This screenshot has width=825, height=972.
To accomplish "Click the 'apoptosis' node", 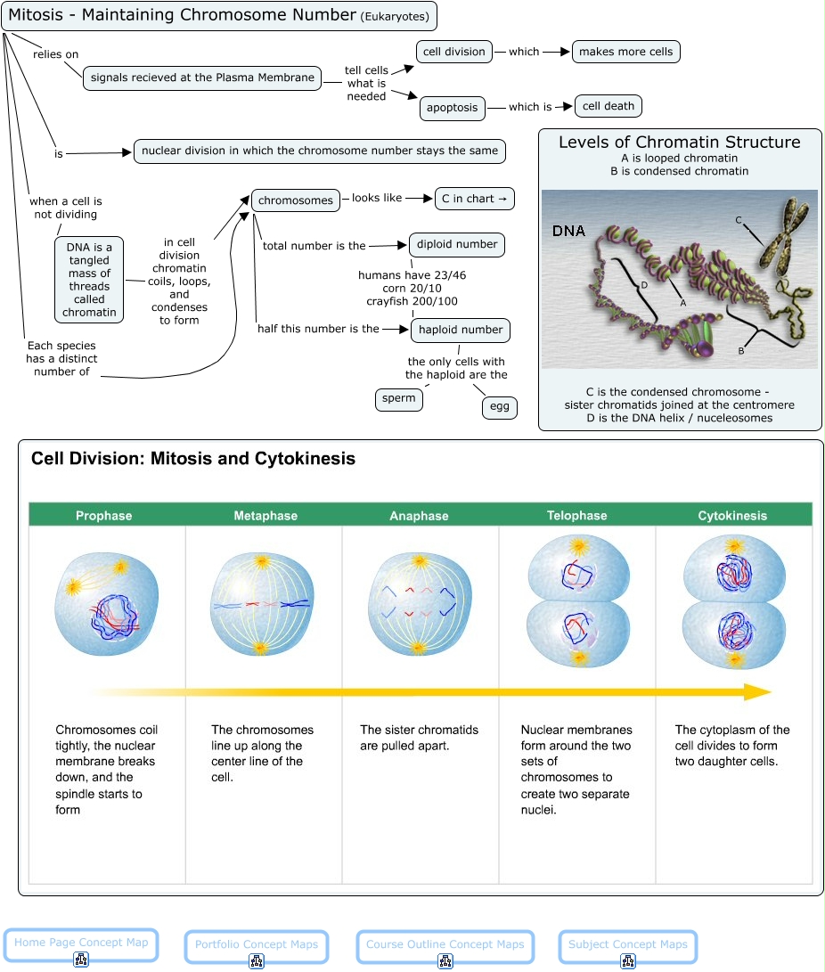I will coord(453,108).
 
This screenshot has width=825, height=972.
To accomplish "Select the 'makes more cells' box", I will coord(625,52).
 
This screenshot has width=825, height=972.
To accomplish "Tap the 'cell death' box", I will coord(608,106).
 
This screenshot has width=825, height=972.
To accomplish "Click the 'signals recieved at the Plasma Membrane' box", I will coord(202,78).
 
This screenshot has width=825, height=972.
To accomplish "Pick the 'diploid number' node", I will coord(457,244).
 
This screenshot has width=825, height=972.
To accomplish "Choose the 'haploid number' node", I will coord(460,330).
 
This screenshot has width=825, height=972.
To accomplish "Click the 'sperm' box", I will coord(398,399).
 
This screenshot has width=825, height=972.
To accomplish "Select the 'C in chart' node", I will coord(474,199).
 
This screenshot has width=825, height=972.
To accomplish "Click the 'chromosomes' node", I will coord(295,200).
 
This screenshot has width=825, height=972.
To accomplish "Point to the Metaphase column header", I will coord(265,516).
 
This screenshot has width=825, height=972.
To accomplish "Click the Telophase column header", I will coord(576,516).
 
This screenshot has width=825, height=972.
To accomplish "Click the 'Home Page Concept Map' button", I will coord(80,943).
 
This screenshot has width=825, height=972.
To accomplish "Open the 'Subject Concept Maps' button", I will coord(627,945).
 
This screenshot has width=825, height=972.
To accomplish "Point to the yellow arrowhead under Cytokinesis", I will coord(757,692).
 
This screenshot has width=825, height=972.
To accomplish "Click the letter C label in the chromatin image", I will coord(738,219).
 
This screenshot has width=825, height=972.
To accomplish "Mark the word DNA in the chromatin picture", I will coord(568,232).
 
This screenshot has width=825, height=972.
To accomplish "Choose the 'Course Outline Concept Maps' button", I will coord(445,945).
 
